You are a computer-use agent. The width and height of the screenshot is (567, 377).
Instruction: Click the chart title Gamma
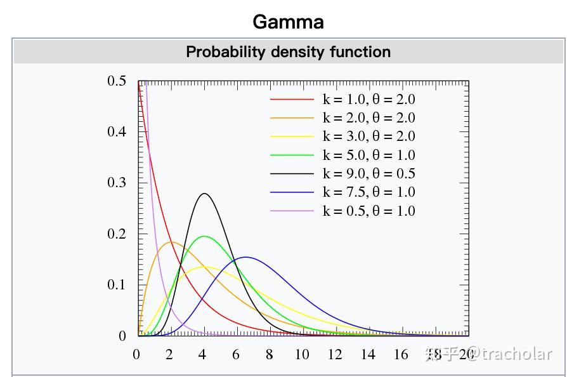[x=288, y=22]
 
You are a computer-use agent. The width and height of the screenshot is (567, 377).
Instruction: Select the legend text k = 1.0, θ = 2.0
[x=369, y=99]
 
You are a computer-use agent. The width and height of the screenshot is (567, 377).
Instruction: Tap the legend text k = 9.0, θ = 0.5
[x=369, y=173]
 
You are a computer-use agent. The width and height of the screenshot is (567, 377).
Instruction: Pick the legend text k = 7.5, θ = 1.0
[x=369, y=192]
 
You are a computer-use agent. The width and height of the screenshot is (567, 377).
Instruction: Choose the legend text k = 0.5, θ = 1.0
[x=369, y=211]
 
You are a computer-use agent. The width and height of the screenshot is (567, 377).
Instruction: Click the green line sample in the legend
[x=292, y=155]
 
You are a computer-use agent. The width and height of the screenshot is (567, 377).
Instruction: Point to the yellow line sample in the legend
[x=292, y=136]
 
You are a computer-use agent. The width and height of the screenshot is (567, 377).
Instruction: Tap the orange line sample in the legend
[x=292, y=118]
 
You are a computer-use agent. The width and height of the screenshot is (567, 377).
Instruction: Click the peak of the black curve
[x=204, y=194]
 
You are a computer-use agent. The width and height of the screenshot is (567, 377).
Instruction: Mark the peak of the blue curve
[x=245, y=257]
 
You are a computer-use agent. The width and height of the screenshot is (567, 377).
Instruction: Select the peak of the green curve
[x=204, y=236]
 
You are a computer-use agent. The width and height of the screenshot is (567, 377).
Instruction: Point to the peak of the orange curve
[x=171, y=242]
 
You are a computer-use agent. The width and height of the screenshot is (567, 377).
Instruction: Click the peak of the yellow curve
[x=204, y=267]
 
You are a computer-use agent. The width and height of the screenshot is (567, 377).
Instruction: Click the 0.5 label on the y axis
[x=117, y=81]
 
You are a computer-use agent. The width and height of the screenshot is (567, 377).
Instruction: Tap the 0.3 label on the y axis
[x=117, y=182]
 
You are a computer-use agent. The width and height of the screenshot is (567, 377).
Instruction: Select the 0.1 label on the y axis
[x=117, y=285]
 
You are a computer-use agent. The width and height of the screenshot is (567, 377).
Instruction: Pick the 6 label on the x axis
[x=236, y=355]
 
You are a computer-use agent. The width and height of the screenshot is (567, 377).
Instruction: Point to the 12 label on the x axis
[x=335, y=355]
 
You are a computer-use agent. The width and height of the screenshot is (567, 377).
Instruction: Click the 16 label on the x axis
[x=401, y=355]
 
